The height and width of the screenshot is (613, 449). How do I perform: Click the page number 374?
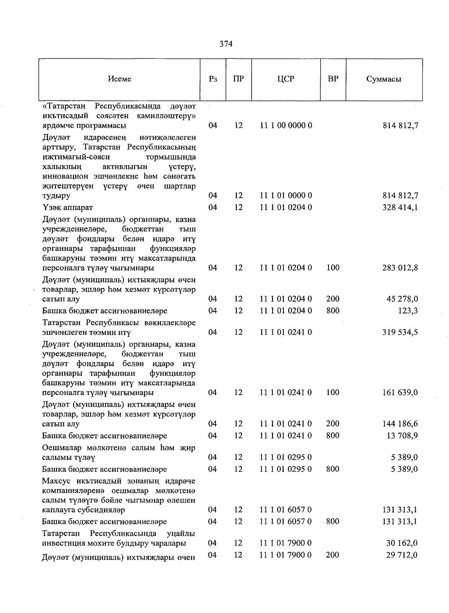click(x=226, y=44)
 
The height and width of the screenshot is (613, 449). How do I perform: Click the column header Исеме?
click(x=120, y=79)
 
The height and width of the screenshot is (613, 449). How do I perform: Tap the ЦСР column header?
click(x=286, y=79)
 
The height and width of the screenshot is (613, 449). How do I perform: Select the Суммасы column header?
click(x=384, y=79)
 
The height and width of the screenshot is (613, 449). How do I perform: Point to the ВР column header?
click(x=333, y=79)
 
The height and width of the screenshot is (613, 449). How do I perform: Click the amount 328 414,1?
click(x=400, y=207)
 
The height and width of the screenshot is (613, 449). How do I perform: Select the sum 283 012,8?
click(x=400, y=268)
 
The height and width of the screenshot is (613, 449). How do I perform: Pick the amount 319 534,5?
click(x=400, y=332)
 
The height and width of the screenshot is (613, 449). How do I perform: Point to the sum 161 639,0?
click(x=400, y=392)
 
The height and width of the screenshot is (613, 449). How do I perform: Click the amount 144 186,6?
click(x=400, y=424)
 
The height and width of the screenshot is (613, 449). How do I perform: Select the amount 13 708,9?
click(x=402, y=436)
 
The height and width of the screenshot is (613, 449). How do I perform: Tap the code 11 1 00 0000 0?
click(x=286, y=125)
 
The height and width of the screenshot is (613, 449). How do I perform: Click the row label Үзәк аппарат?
click(x=68, y=207)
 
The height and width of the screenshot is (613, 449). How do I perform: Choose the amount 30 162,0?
click(x=402, y=543)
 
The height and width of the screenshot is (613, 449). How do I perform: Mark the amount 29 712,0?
click(x=402, y=555)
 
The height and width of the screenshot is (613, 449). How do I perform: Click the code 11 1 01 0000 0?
click(x=286, y=195)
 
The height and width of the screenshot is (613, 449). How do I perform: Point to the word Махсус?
click(x=56, y=481)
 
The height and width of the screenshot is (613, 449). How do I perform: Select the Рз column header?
click(x=213, y=79)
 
